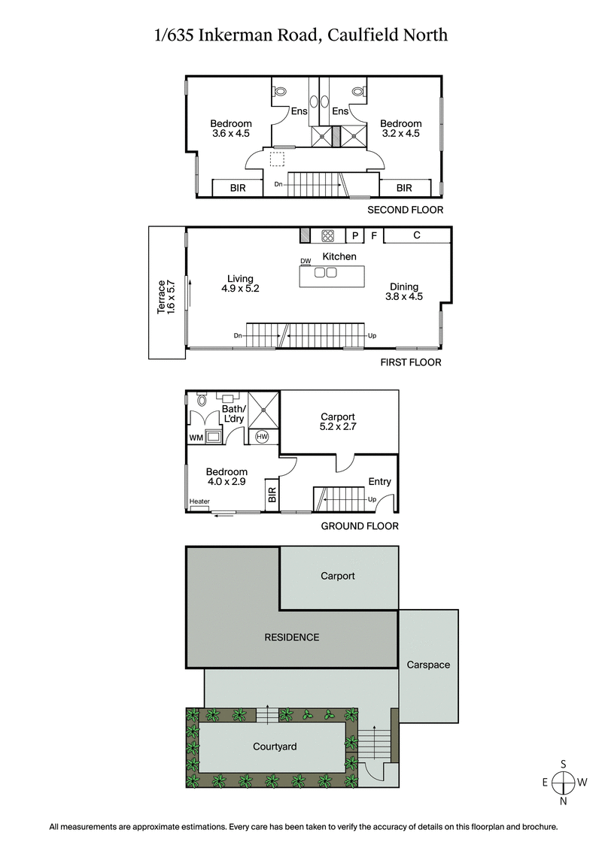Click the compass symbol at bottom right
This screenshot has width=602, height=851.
(563, 782)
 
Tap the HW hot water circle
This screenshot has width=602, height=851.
(263, 437)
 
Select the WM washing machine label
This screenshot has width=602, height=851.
(196, 437)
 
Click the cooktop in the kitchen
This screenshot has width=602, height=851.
(329, 235)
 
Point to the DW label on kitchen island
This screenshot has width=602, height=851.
(306, 261)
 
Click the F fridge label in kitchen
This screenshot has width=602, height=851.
(373, 235)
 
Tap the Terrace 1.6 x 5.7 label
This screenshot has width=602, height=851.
(165, 296)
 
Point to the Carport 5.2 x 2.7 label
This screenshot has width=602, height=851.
(337, 422)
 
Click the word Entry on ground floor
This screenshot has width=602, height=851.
(379, 482)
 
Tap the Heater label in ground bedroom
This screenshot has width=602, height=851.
(199, 501)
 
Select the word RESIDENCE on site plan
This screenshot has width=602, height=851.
(291, 637)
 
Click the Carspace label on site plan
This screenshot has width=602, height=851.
(427, 665)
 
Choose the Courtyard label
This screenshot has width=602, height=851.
(275, 747)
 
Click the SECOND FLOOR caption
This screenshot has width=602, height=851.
(405, 210)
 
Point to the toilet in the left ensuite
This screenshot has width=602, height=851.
(281, 91)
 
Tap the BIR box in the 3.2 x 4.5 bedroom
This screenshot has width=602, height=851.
(404, 188)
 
